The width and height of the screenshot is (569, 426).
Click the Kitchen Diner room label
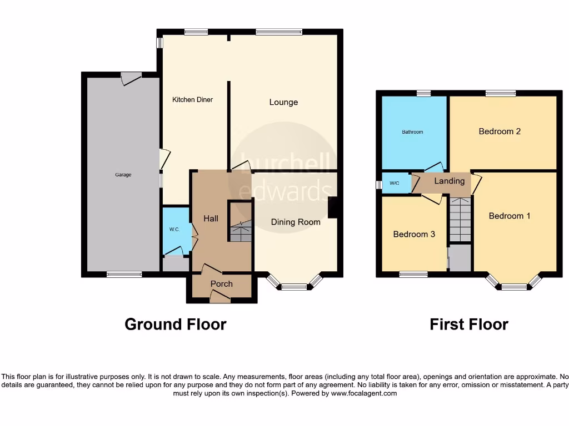pos(192,100)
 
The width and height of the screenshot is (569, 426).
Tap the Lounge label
pos(283,102)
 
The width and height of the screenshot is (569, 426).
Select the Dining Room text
pos(296,222)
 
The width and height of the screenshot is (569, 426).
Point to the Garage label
pos(123,175)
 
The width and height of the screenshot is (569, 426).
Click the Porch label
pos(221,284)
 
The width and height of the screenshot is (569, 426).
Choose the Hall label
pos(211,219)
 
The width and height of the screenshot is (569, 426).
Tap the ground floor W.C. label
pos(174,230)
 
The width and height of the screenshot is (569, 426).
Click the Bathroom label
pos(413,132)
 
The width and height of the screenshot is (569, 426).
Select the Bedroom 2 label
pos(500,131)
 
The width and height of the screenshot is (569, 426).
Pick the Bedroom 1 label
pos(509,216)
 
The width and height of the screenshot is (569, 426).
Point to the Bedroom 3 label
pos(414,234)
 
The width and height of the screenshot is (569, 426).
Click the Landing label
pos(449,181)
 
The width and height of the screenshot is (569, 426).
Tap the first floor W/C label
pos(395,183)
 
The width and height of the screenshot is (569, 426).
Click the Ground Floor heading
pos(175,324)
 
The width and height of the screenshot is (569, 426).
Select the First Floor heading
pos(468,324)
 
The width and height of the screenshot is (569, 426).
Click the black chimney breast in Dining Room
pos(333,207)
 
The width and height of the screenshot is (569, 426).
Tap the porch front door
pos(221,299)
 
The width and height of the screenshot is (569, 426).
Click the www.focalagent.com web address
pos(364,393)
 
